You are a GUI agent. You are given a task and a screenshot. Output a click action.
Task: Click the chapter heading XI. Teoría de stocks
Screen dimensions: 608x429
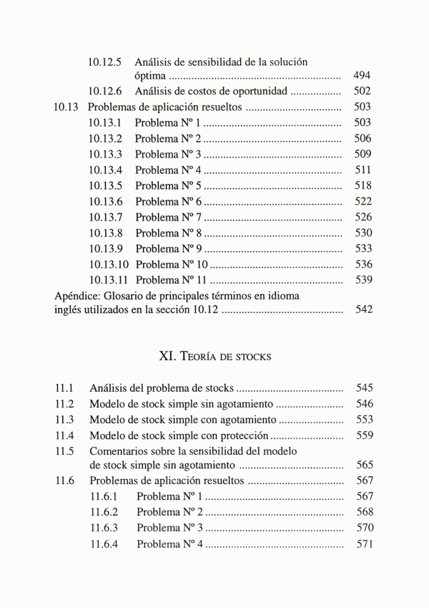[214, 355]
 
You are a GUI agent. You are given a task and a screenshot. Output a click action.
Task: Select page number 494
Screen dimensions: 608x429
[362, 76]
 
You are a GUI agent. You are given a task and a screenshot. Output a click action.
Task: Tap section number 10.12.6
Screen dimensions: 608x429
[105, 92]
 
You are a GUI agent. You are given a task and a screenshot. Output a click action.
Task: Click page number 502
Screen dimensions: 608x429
[362, 92]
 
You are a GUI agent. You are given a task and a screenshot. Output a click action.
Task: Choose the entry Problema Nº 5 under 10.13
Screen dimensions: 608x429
[168, 186]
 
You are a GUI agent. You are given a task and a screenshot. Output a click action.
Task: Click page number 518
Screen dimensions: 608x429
[363, 186]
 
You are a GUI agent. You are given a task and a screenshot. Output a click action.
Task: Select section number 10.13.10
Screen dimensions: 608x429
[108, 264]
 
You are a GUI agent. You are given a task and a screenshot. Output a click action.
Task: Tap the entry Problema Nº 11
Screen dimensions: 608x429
[172, 280]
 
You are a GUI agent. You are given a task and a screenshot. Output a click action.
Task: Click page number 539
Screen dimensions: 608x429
[363, 280]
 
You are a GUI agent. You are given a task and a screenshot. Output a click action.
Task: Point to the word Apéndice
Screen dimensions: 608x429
[78, 295]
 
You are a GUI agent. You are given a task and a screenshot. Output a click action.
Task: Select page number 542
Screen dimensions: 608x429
[363, 310]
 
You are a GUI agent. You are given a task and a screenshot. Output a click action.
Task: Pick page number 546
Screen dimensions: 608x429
[364, 404]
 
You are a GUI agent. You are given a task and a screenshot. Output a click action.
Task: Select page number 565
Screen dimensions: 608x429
[364, 466]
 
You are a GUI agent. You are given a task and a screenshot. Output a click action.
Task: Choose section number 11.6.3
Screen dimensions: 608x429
[104, 529]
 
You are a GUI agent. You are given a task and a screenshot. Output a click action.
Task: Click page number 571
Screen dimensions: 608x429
[365, 544]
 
